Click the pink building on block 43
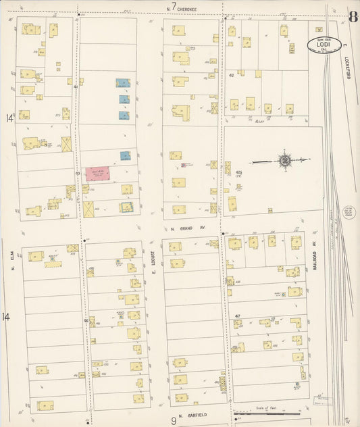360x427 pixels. point(98,174)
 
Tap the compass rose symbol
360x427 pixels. point(284,161)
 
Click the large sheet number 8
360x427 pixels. point(353,16)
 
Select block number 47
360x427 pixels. point(237,316)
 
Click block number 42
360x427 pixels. point(231,75)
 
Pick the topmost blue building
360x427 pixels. point(123,83)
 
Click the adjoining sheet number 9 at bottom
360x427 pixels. point(173,420)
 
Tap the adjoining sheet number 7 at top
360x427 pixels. point(174,7)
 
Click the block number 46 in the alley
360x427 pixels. point(86,320)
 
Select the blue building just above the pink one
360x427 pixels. point(126,155)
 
